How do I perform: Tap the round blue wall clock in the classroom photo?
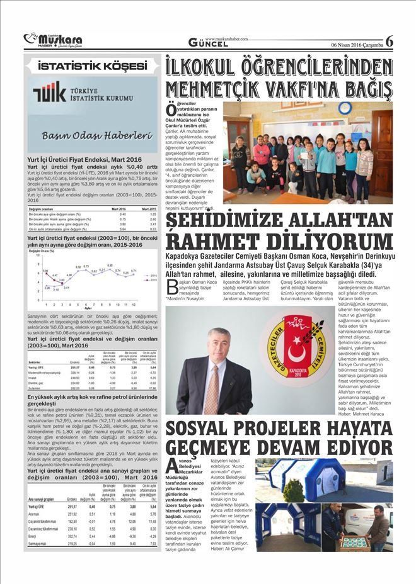[x=362, y=108]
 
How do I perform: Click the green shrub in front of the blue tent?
[x=294, y=491]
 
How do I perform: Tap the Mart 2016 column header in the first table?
[x=118, y=208]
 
